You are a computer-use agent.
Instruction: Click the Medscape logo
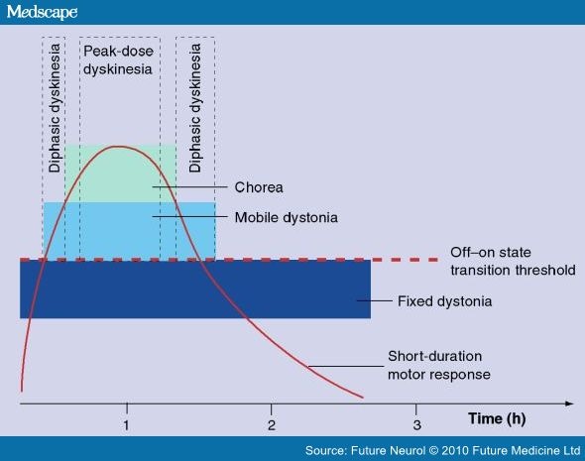[42, 12]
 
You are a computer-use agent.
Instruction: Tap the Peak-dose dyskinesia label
[118, 60]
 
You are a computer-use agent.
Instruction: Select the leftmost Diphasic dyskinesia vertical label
[55, 108]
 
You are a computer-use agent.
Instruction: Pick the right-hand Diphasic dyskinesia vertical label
[194, 108]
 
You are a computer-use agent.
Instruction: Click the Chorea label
[259, 187]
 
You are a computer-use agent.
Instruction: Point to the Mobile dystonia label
[287, 217]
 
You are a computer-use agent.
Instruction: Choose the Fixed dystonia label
[444, 301]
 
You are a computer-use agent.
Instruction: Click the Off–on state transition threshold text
[513, 261]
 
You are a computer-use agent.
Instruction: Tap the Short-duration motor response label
[438, 365]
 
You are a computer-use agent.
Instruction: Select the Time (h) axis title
[497, 418]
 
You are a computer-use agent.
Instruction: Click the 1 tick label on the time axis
[127, 425]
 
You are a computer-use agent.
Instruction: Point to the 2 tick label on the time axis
[272, 425]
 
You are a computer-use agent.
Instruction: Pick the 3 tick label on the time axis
[416, 425]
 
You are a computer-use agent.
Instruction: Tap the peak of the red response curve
[119, 147]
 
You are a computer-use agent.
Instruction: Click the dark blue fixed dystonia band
[195, 289]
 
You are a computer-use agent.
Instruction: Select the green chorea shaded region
[121, 173]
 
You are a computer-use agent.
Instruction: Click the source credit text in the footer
[442, 450]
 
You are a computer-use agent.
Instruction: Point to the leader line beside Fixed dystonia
[374, 300]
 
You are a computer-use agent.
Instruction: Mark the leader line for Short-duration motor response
[345, 366]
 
